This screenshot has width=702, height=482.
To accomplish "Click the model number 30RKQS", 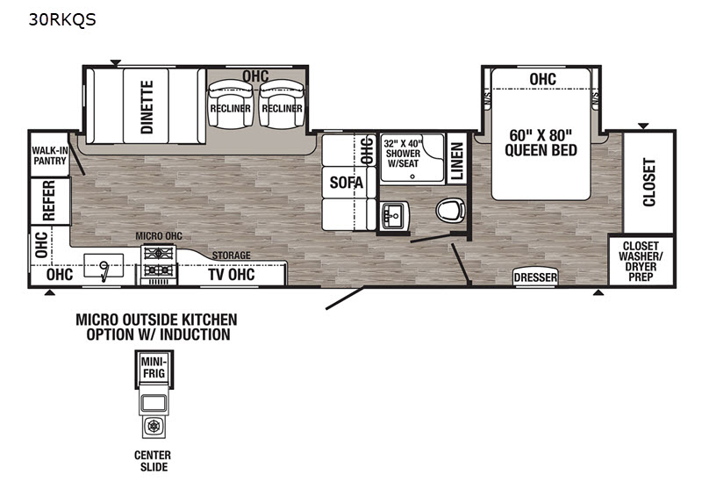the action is coord(62,19).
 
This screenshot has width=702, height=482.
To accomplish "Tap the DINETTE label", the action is coord(147,107).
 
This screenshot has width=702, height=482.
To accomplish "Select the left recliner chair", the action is coord(230,104).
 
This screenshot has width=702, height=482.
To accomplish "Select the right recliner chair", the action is coord(282,104).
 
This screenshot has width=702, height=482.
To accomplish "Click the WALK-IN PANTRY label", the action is coord(50,155).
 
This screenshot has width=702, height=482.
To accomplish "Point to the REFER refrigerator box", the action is coord(50,201).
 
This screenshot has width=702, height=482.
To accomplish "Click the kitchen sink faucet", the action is coord(104,271).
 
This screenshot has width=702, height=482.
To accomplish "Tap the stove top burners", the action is coord(159,261).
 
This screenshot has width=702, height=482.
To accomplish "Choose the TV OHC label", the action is coord(232,274).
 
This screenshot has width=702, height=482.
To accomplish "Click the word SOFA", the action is coord(347,183).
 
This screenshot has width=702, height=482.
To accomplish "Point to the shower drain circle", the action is coord(412,176).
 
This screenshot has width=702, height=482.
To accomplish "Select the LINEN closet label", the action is coord(456,162).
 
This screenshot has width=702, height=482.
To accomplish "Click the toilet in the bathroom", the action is coord(450,210).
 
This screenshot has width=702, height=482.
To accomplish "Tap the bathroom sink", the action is coord(394,215).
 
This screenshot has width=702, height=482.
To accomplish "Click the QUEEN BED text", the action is coord(541,150).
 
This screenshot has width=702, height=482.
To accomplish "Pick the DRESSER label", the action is coord(535,277).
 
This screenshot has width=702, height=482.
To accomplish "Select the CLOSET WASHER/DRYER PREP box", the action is coord(641,261).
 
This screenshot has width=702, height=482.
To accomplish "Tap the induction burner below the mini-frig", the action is coord(154,427).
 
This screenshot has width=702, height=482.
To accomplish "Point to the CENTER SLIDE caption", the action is coord(153,461).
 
